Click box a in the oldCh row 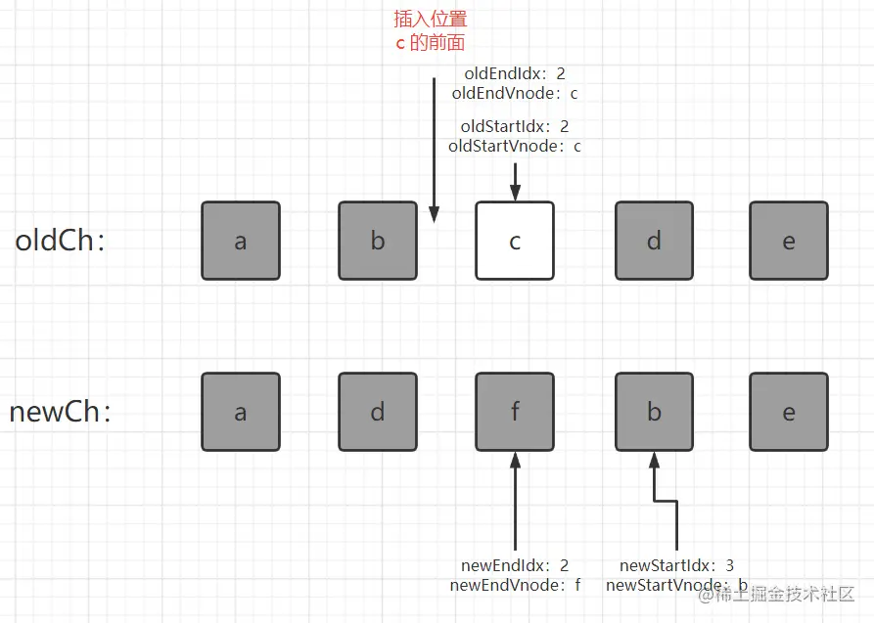coord(241,241)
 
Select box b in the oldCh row coord(378,241)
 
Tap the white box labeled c coord(515,241)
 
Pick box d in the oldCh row coord(654,241)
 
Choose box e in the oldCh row coord(789,241)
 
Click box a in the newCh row coord(241,412)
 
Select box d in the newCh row coord(378,412)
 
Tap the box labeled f coord(515,412)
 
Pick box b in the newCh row coord(654,412)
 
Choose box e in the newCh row coord(789,412)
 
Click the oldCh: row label coord(60,241)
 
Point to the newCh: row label coord(60,412)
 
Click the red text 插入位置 coord(431,19)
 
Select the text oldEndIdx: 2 coord(515,73)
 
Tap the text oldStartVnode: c coord(515,147)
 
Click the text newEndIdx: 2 coord(515,565)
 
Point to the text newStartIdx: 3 coord(676,565)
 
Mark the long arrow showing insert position coord(435,147)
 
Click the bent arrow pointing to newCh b coord(675,518)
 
